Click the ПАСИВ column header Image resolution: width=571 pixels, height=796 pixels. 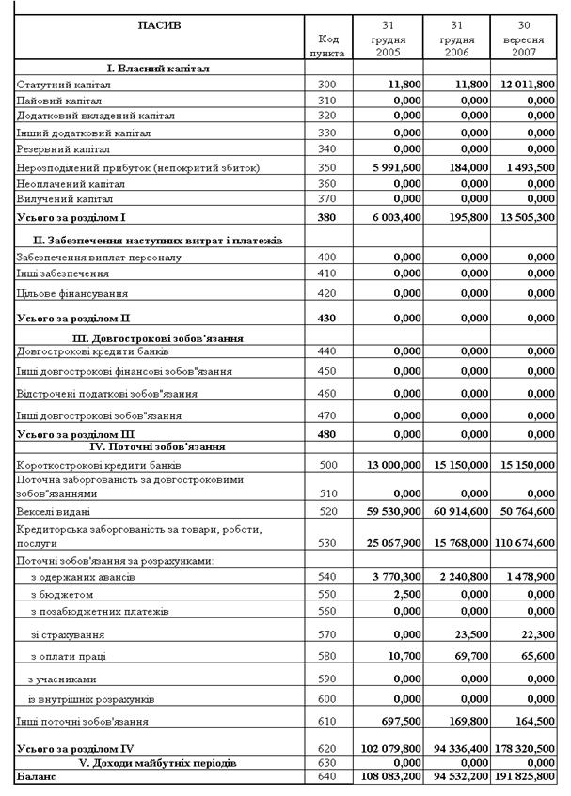click(160, 25)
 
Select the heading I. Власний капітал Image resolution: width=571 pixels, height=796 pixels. click(158, 69)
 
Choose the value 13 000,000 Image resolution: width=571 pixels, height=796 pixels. click(389, 465)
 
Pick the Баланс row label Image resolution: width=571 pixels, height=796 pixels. click(37, 777)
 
